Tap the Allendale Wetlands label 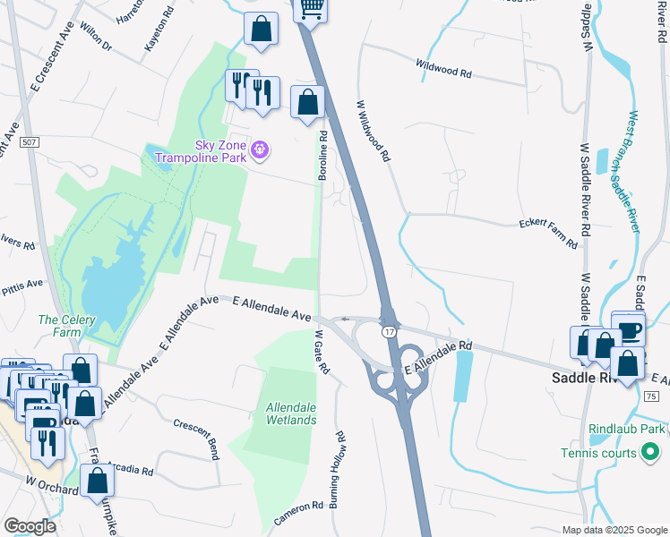tap(291, 413)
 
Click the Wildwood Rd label tap(443, 68)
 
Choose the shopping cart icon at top tap(311, 7)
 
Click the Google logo tap(30, 526)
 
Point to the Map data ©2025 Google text tap(613, 530)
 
